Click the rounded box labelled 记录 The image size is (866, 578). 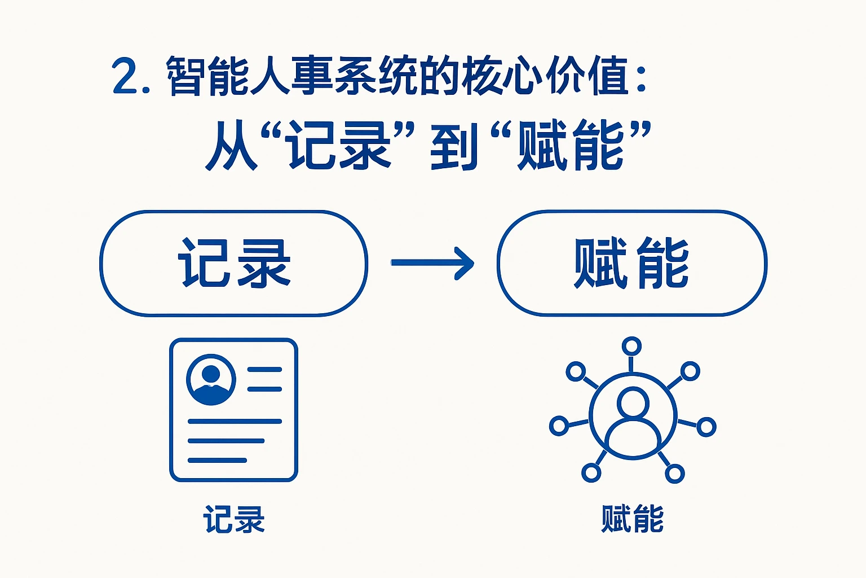coord(233,263)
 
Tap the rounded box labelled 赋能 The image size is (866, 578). coord(631,263)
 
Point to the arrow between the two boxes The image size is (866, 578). coord(432,263)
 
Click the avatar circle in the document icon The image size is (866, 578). coord(211,379)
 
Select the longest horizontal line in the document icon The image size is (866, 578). coord(234,421)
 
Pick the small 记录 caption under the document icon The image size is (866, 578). coord(234,519)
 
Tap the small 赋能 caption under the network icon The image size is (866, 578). coord(632,519)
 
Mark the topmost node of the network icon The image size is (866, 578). coord(631,346)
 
